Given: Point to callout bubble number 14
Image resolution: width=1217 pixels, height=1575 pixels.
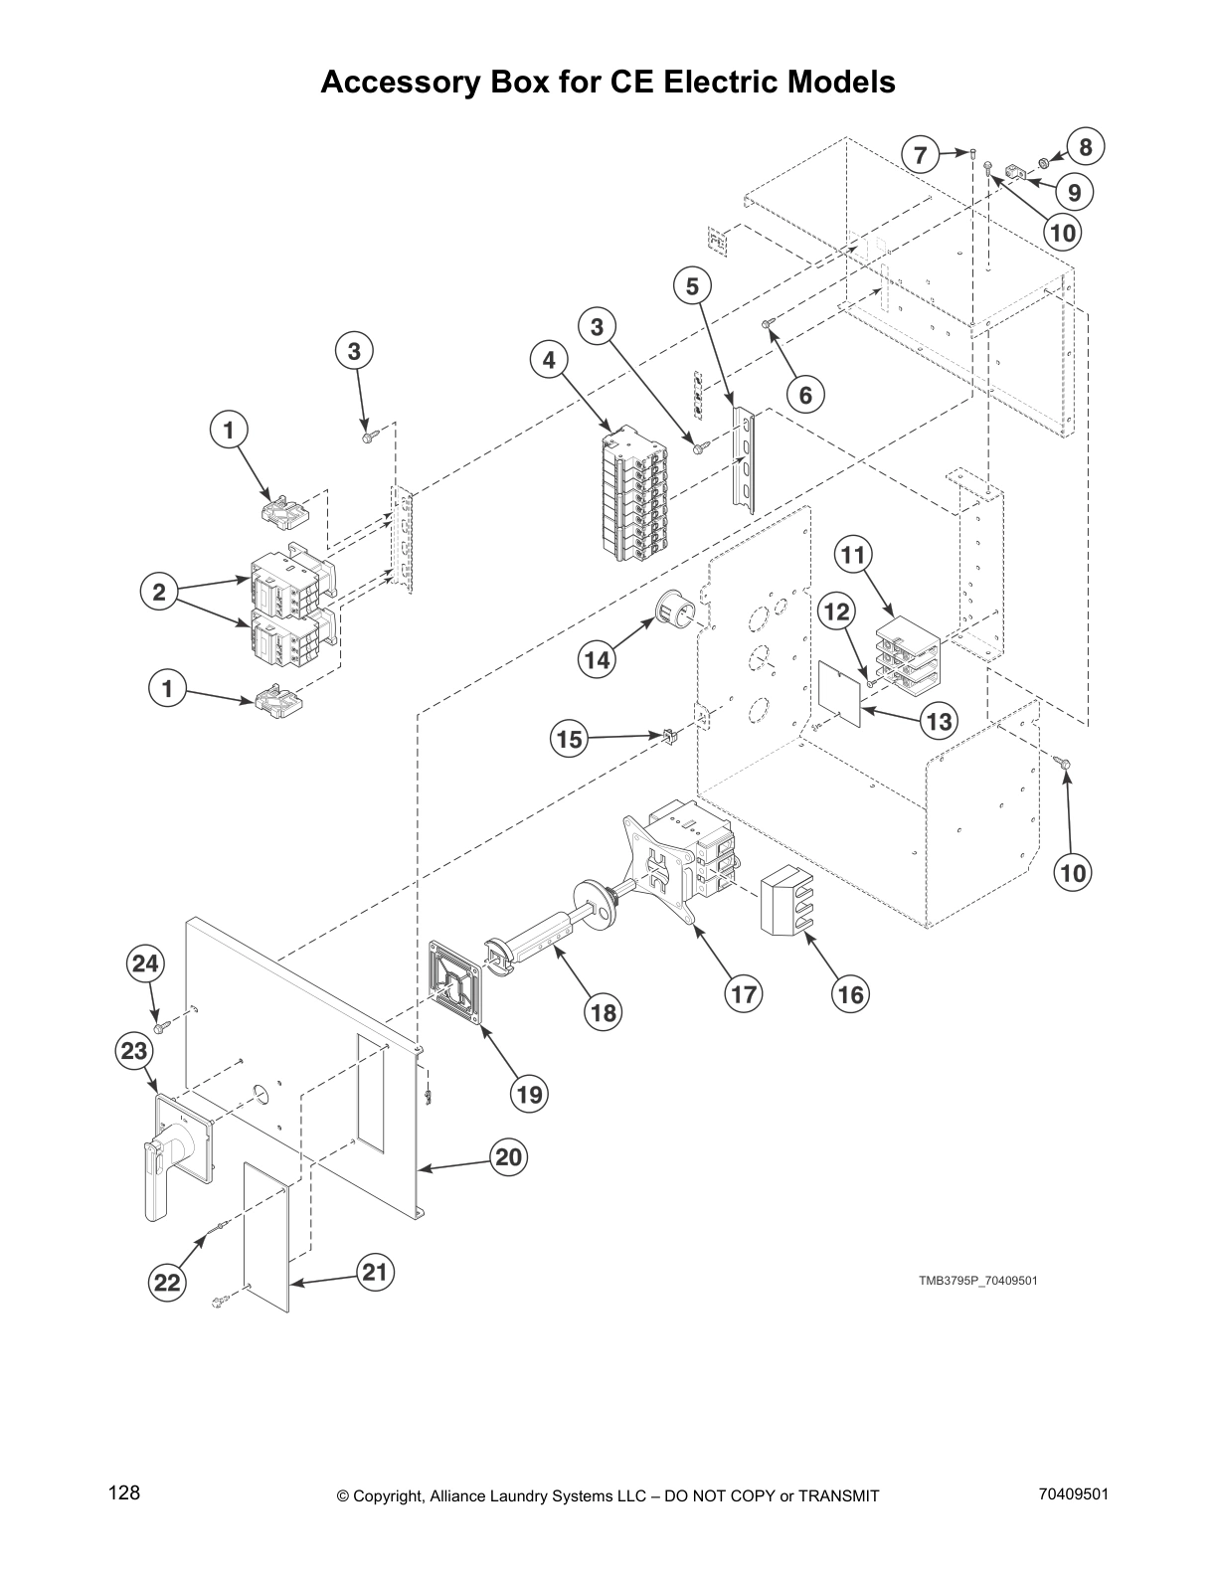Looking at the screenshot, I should click(597, 658).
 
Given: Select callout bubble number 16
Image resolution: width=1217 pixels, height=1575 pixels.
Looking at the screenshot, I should click(851, 993).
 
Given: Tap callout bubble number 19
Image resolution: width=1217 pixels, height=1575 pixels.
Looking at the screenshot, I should click(529, 1094).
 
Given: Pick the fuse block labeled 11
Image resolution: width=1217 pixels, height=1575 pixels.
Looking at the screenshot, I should click(907, 651).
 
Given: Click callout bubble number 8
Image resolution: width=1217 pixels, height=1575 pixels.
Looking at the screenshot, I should click(1086, 147).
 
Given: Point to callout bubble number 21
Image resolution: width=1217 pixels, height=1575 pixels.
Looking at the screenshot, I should click(376, 1273).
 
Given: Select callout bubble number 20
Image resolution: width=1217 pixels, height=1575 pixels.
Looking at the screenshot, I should click(509, 1157).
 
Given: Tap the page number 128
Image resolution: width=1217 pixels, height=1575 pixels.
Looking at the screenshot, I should click(124, 1492).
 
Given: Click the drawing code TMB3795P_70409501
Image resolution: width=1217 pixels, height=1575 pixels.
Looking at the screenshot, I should click(977, 1280).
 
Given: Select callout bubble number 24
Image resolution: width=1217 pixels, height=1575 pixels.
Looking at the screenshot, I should click(145, 962).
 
